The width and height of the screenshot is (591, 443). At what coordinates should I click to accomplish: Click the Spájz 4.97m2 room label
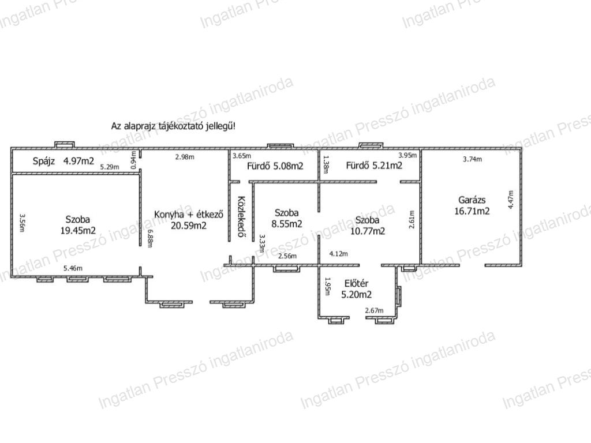pos(63,162)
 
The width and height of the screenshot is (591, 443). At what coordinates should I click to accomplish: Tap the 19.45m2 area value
pos(78,231)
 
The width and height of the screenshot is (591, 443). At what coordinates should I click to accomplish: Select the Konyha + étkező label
pos(189,215)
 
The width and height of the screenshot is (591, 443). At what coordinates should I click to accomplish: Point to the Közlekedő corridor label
pos(242,217)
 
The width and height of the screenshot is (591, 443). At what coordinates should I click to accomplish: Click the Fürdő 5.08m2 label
pos(275,166)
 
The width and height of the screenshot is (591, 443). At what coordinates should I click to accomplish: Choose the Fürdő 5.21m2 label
pos(374,166)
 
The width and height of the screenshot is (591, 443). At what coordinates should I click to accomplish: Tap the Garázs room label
pos(472,200)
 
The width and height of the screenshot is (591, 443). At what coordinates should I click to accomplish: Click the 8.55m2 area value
pos(287,224)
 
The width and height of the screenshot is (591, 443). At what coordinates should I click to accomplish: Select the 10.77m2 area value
pos(368,231)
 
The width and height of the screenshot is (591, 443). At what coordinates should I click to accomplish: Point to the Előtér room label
pos(356,283)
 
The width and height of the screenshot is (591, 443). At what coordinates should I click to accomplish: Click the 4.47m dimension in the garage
pos(511,200)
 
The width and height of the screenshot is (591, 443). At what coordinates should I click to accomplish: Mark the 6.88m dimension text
pos(149,238)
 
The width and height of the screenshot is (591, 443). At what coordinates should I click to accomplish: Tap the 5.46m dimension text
pos(73,268)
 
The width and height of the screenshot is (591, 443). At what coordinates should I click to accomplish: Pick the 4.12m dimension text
pos(338,254)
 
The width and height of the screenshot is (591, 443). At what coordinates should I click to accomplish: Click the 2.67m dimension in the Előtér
pos(374,310)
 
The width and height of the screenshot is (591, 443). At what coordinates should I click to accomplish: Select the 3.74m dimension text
pos(472,159)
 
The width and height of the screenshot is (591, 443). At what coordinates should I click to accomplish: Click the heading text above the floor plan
pos(173,126)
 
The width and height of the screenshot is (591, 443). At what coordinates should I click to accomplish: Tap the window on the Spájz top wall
pos(65,145)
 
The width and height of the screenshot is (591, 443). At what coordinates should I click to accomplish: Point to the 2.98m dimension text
pos(185,157)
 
